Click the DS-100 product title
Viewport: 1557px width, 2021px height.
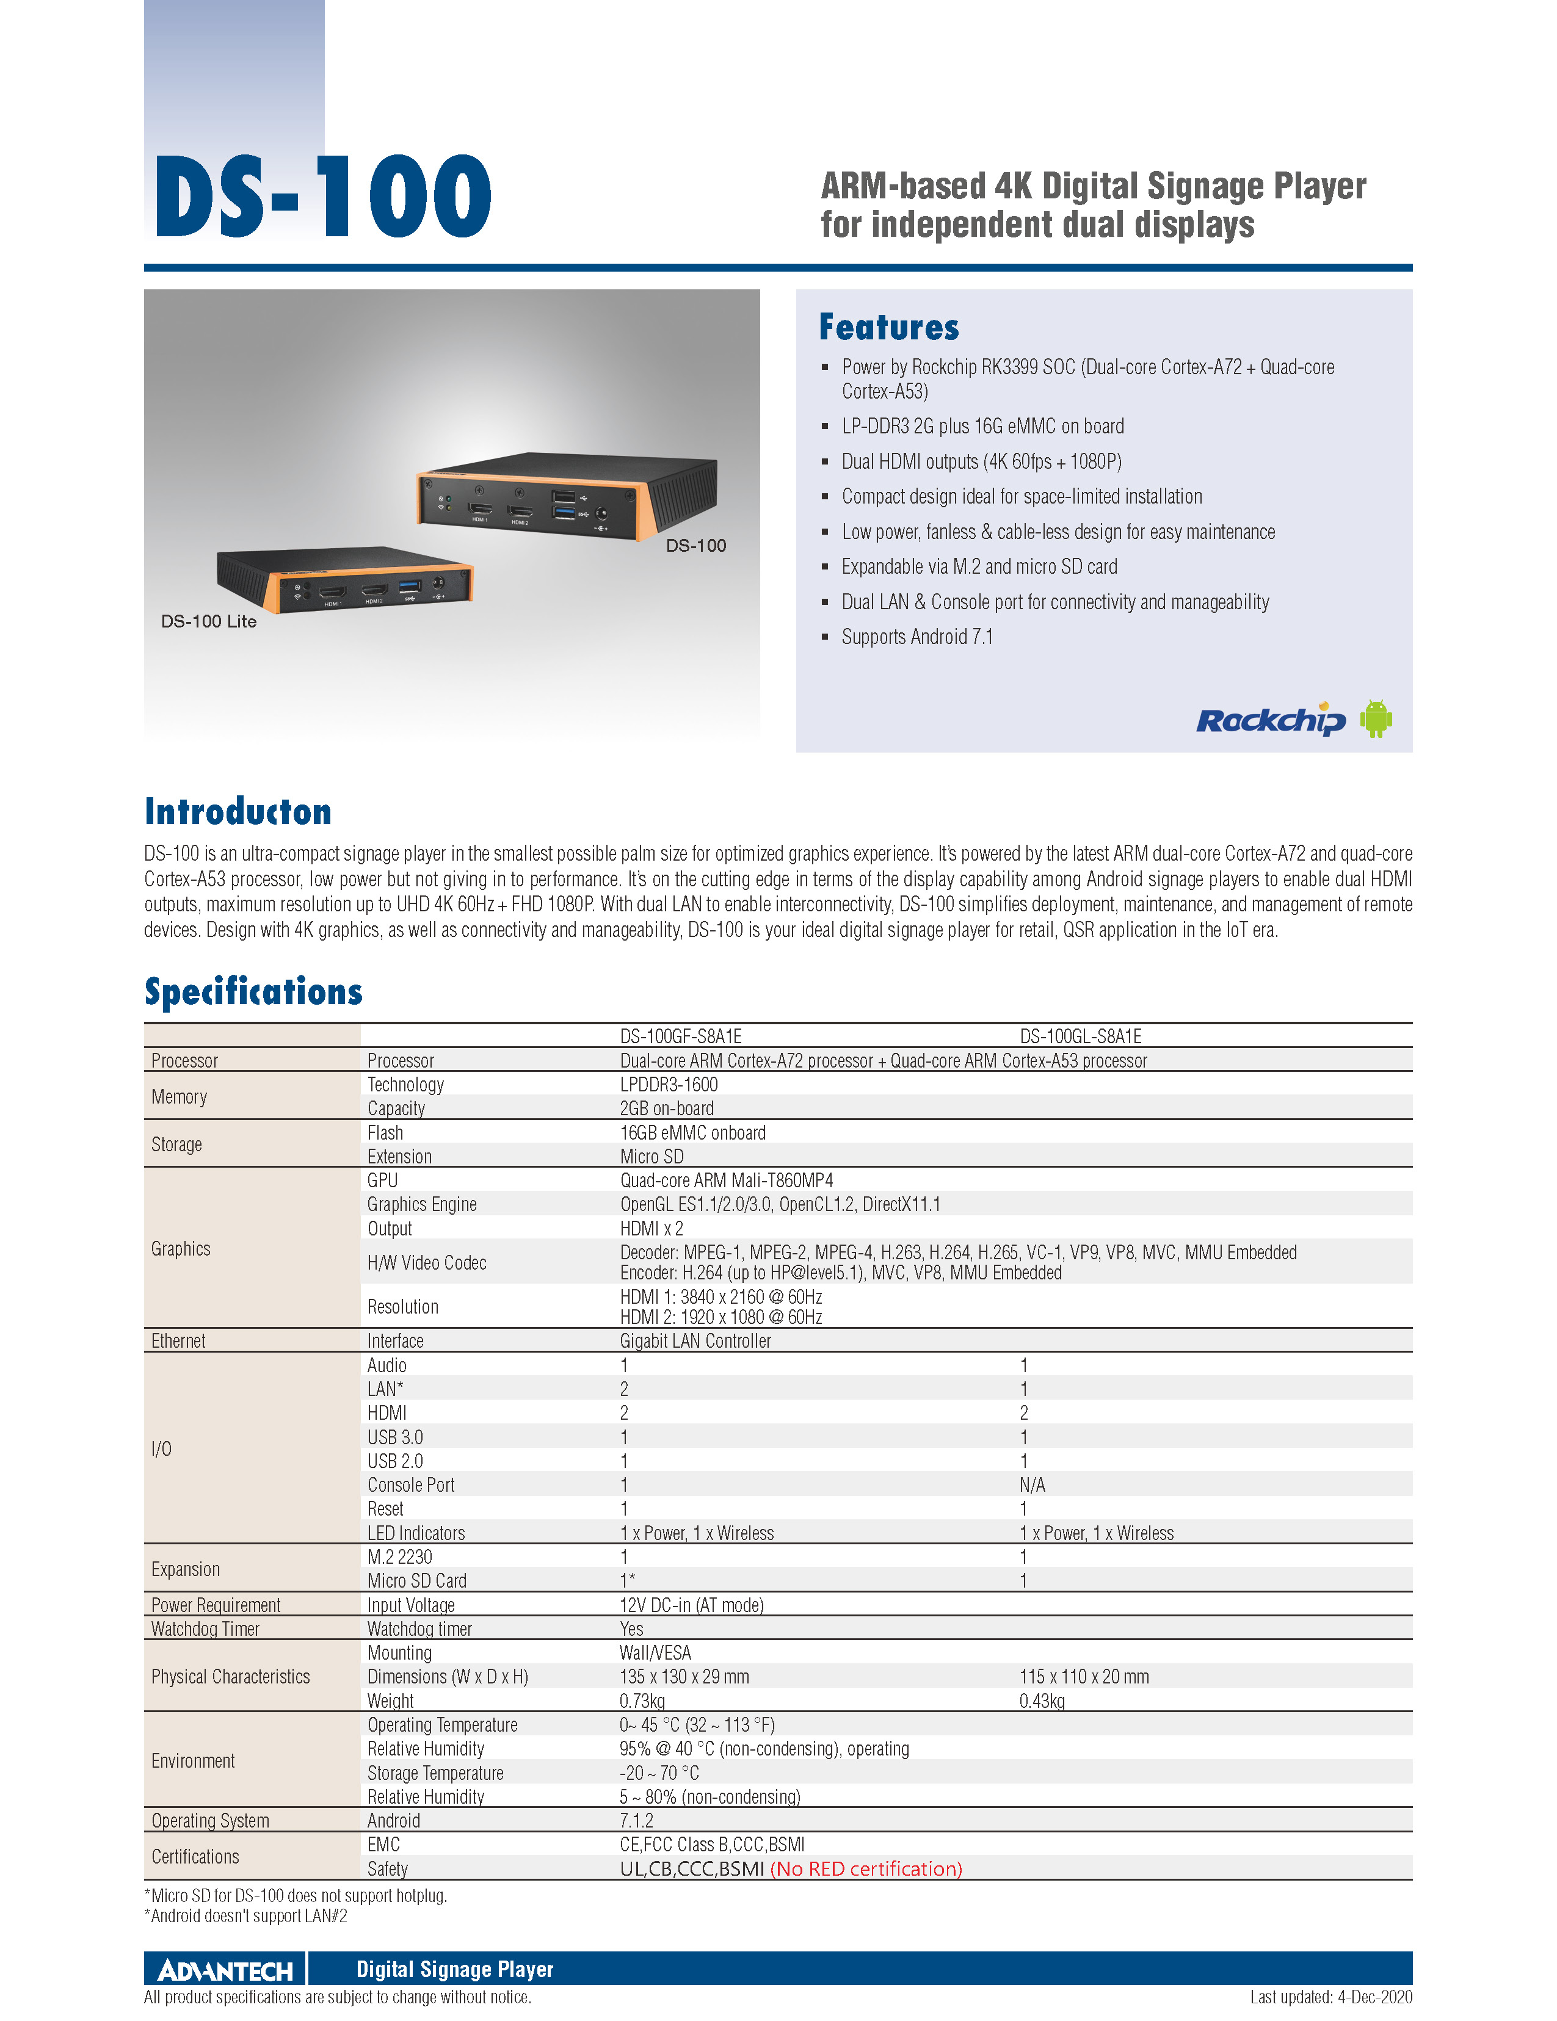point(322,196)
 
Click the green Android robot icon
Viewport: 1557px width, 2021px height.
point(1376,719)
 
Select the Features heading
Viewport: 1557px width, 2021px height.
point(888,328)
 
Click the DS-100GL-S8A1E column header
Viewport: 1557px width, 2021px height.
point(1080,1036)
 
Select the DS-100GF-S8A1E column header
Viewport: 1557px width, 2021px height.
point(680,1036)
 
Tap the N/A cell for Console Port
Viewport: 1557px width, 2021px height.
point(1032,1485)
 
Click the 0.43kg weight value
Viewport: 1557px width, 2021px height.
point(1042,1701)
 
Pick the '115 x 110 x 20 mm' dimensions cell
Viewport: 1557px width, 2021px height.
point(1084,1677)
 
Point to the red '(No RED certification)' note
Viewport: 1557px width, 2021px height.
point(866,1868)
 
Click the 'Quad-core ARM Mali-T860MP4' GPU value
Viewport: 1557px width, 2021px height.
point(727,1180)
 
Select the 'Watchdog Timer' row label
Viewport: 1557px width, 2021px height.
point(206,1629)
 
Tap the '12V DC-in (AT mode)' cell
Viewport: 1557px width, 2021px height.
point(691,1605)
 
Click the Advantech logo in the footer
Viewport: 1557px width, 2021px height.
point(225,1970)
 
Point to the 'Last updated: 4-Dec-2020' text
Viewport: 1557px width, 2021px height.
point(1330,1997)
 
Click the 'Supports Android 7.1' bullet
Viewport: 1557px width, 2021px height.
point(916,637)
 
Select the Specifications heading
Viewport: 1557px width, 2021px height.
point(253,992)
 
